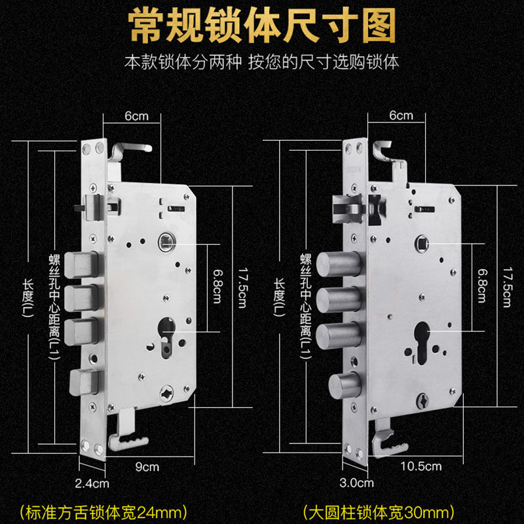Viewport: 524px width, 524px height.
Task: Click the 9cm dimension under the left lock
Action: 148,467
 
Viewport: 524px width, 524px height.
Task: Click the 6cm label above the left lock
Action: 136,116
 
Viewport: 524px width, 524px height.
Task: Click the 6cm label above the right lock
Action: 401,116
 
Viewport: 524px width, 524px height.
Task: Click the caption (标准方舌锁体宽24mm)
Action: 104,510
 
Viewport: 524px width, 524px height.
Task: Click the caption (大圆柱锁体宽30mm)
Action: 379,510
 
